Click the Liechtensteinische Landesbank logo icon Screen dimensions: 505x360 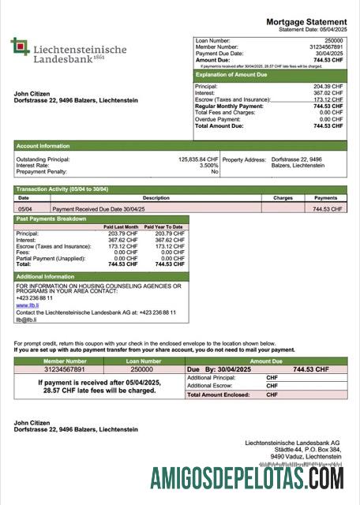[20, 47]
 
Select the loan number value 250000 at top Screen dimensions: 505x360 [334, 39]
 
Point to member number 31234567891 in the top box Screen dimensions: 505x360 [326, 46]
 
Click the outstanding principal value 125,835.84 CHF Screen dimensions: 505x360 [198, 159]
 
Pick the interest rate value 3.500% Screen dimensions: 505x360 [208, 165]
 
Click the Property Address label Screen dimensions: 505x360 [245, 159]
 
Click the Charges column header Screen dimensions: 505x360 [283, 198]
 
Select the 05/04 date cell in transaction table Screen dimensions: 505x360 [24, 209]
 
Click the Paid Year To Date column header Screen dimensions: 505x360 [166, 227]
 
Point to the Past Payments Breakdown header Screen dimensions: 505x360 [52, 219]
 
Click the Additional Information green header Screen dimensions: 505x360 [46, 277]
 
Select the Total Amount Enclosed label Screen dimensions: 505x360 [218, 395]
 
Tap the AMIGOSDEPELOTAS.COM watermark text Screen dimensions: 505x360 [247, 478]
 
